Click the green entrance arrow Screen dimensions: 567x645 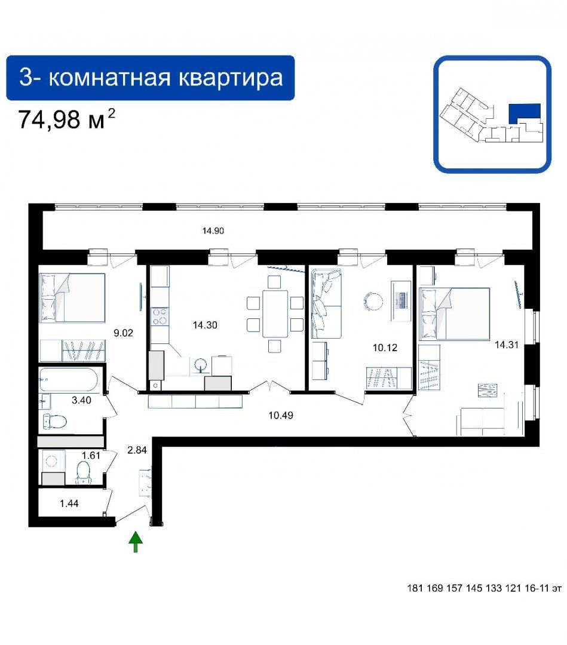[136, 542]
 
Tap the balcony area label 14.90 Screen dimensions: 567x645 [213, 231]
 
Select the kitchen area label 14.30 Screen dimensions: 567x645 [205, 325]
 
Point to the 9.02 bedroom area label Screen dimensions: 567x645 [124, 333]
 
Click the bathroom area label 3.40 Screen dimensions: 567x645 [81, 400]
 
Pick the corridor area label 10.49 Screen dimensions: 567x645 [281, 416]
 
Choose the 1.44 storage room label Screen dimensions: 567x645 [69, 503]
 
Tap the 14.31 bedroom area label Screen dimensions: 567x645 [507, 345]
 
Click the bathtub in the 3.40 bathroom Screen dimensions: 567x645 [69, 379]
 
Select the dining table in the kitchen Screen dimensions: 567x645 [275, 314]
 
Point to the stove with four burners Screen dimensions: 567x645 [160, 316]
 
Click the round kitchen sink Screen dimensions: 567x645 [201, 365]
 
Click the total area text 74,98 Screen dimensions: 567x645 [49, 119]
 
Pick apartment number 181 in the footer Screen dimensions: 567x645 [415, 588]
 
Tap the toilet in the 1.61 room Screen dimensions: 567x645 [84, 472]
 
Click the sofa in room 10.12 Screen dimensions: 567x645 [326, 303]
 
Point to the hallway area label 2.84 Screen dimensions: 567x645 [137, 450]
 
